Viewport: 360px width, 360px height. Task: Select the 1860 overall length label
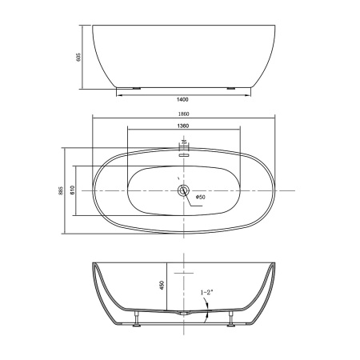coord(185,114)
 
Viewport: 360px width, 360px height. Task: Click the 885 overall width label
coord(60,190)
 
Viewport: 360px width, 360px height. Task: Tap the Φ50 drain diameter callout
coord(200,198)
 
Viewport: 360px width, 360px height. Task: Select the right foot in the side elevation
coord(232,87)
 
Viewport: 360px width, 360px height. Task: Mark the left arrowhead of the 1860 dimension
coord(94,119)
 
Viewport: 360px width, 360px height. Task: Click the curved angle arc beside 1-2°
coord(206,314)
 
